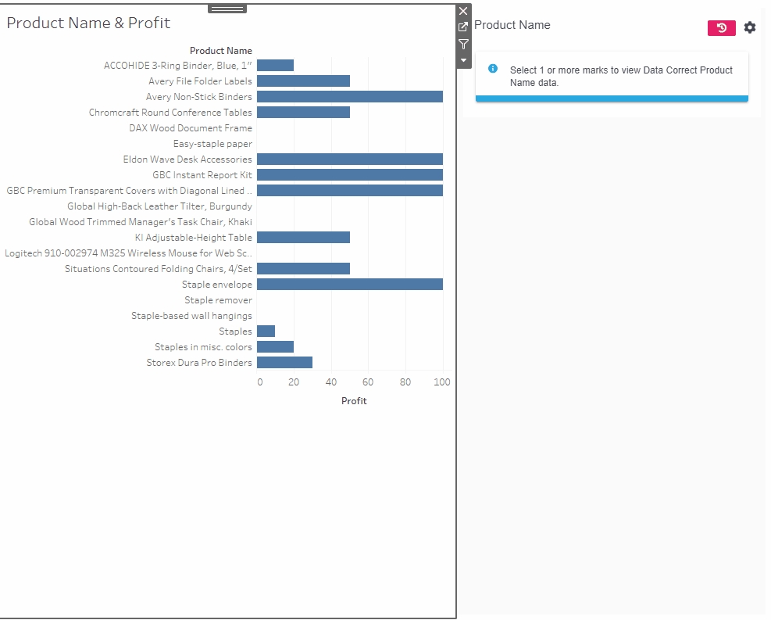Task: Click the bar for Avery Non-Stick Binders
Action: [349, 97]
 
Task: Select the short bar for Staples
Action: [266, 332]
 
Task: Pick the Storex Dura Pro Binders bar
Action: [284, 363]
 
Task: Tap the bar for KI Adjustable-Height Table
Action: [303, 238]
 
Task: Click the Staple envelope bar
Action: [349, 285]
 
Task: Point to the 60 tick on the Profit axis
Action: [368, 382]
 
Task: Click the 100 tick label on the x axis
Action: [442, 382]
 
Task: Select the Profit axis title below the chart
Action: [354, 401]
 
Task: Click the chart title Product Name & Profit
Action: [88, 23]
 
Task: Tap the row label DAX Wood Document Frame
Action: [191, 128]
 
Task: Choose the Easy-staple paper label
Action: [212, 144]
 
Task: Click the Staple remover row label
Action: [218, 300]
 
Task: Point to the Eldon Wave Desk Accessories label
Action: [187, 159]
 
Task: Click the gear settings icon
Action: [750, 28]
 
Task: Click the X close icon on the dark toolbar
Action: [463, 11]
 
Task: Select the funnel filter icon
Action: [463, 45]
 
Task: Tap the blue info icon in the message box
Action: [493, 69]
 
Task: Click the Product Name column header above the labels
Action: [221, 51]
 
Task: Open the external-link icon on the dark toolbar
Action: [463, 27]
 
